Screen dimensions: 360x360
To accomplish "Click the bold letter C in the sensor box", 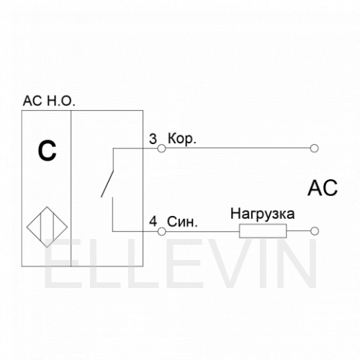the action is tap(48, 150).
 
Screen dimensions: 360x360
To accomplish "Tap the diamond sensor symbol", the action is tap(47, 227).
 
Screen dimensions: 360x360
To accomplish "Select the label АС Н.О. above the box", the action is tap(49, 101).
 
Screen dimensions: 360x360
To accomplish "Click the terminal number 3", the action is tap(153, 139).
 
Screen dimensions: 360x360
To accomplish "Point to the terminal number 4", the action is tap(153, 222).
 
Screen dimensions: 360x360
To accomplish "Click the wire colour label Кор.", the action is tap(182, 139).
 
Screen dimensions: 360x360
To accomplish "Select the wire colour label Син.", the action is tap(182, 222).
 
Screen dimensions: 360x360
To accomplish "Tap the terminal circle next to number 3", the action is tap(162, 148).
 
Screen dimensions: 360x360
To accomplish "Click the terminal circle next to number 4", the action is tap(162, 232).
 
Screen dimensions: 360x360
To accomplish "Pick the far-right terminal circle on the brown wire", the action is tap(314, 148).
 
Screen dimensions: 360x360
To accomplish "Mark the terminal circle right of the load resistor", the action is tap(315, 231).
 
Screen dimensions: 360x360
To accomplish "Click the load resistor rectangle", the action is tap(263, 231).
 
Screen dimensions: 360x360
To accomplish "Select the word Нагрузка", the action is tap(262, 214).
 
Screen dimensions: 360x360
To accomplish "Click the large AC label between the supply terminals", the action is tap(323, 188).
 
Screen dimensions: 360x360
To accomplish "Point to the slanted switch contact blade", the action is tap(107, 184).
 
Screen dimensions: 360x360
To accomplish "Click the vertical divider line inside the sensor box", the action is tap(71, 189).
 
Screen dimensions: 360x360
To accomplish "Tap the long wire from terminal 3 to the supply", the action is tap(238, 148).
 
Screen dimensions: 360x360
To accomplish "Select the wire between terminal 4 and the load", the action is tap(202, 232).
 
